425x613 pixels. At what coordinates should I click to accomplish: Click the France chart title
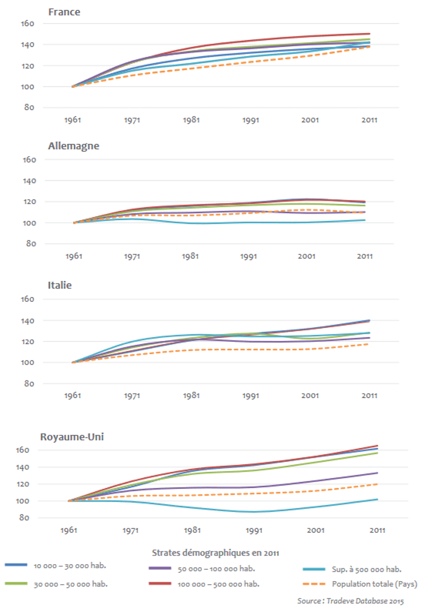point(64,12)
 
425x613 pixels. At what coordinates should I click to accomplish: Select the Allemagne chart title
point(73,146)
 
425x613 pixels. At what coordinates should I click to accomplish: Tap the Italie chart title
point(60,285)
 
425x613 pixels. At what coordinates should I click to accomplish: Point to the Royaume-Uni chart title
point(73,437)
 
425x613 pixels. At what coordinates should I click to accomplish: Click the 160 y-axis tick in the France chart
point(28,24)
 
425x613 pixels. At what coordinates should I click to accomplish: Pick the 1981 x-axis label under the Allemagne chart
point(190,256)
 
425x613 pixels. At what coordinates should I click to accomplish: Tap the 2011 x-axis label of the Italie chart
point(369,396)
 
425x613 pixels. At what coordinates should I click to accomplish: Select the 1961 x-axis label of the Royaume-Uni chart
point(68,530)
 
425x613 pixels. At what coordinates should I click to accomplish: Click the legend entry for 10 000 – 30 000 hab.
point(72,566)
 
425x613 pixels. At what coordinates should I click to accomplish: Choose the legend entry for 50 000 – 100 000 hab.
point(216,568)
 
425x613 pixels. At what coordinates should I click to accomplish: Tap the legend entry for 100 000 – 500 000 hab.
point(218,584)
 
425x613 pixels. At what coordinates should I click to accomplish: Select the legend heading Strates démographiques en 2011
point(216,552)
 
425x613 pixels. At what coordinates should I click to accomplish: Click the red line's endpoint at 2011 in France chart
point(370,34)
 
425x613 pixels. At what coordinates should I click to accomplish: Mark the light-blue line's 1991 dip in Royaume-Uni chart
point(252,511)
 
